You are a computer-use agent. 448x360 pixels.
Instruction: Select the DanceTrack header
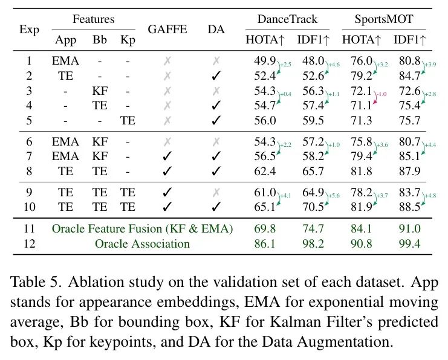(287, 19)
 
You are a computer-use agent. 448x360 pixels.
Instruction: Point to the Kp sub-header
(128, 40)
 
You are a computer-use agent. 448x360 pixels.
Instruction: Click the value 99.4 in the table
(409, 244)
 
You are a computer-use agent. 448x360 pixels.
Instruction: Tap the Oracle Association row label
(142, 244)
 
